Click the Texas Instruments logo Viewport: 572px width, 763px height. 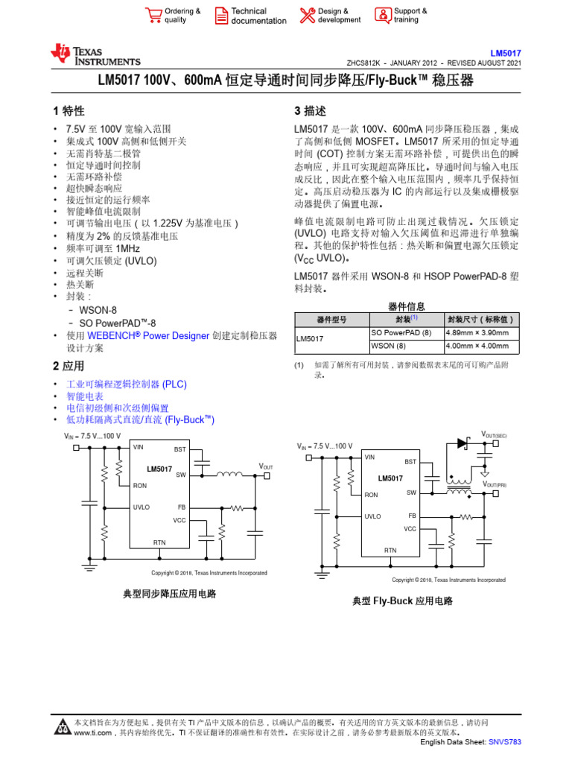tap(95, 54)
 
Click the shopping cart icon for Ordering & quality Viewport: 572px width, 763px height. tap(153, 15)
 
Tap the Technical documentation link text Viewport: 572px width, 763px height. tap(258, 16)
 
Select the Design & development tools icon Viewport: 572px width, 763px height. tap(307, 15)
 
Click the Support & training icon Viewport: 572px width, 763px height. tap(382, 15)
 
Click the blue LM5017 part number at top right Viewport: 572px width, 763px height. tap(506, 54)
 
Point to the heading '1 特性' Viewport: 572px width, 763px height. tap(69, 111)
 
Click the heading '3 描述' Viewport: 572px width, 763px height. tap(311, 111)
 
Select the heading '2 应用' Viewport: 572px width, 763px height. tap(69, 366)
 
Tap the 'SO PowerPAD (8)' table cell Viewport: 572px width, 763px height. tap(401, 332)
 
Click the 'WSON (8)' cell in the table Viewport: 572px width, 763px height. tap(388, 346)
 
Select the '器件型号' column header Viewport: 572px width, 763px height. tap(332, 319)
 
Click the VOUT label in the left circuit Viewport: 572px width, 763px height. tap(266, 466)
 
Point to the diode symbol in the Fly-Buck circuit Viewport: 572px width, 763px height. tap(462, 443)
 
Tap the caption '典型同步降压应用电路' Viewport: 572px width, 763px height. tap(165, 594)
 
